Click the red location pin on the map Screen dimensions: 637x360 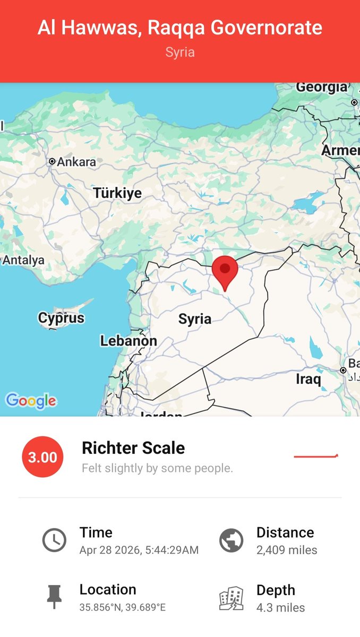point(225,270)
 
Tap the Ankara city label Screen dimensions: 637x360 point(76,161)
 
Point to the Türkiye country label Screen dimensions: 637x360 point(118,193)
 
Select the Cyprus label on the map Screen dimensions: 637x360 point(61,318)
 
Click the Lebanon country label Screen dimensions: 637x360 point(128,341)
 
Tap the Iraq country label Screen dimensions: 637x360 point(308,380)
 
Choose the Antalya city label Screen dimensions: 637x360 point(23,260)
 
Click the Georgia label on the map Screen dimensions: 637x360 point(321,87)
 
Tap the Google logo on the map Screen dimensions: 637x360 point(31,401)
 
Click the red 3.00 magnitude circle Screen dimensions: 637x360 point(42,457)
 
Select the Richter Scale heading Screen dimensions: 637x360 point(133,448)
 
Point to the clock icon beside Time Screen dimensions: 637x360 point(54,540)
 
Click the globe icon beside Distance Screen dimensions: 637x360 point(232,540)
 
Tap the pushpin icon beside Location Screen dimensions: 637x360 point(54,597)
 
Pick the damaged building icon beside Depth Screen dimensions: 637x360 point(232,598)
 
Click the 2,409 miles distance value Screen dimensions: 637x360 point(287,550)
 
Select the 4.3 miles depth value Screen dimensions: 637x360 point(280,607)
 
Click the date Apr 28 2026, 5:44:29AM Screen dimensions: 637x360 point(139,550)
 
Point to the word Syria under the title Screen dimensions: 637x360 point(179,53)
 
